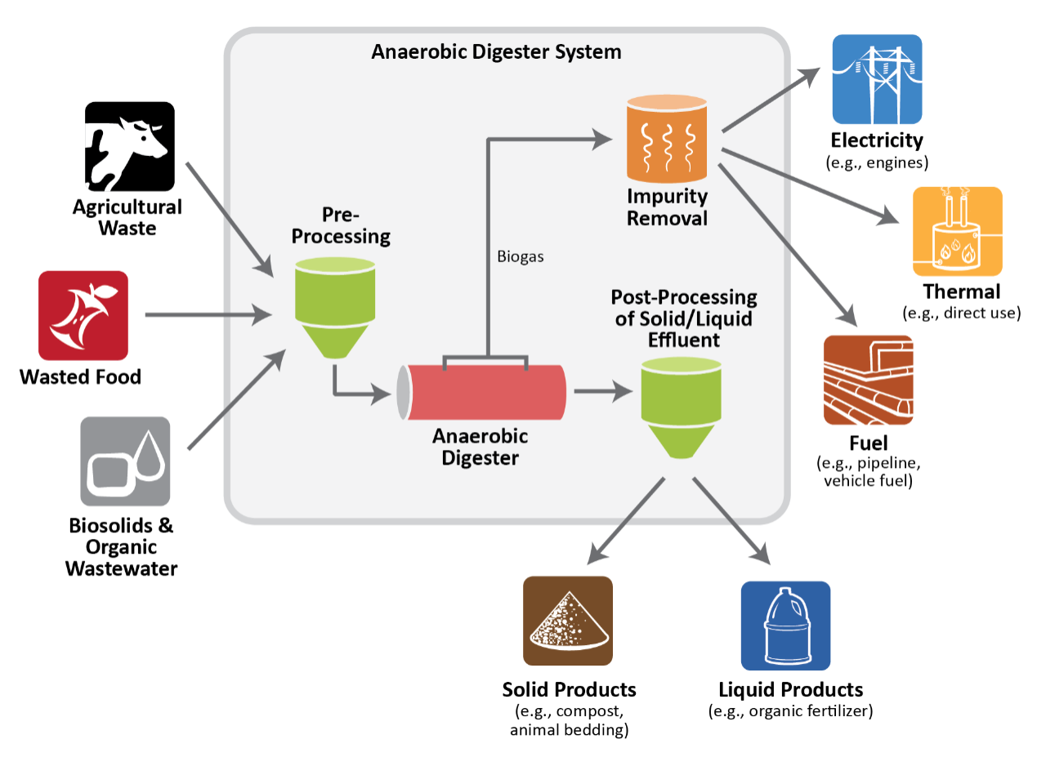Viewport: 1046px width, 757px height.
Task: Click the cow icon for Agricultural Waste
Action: pyautogui.click(x=130, y=146)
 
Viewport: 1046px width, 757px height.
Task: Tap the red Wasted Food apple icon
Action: pyautogui.click(x=83, y=315)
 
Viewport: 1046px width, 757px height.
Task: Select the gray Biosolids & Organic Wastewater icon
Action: pyautogui.click(x=125, y=461)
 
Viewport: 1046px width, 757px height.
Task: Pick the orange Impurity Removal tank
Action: pyautogui.click(x=668, y=138)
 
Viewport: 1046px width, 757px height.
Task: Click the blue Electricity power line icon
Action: pyautogui.click(x=876, y=79)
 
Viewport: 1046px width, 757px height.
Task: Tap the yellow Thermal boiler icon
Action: pyautogui.click(x=956, y=231)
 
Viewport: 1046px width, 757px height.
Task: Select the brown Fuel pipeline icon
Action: pyautogui.click(x=868, y=380)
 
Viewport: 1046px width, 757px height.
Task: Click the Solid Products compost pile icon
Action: pyautogui.click(x=568, y=621)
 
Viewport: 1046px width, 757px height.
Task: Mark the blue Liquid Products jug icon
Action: pyautogui.click(x=785, y=626)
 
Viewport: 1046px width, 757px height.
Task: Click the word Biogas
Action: pyautogui.click(x=520, y=256)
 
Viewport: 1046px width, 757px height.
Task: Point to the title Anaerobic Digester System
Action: pyautogui.click(x=496, y=52)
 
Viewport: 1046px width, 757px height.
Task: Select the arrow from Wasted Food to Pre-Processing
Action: pyautogui.click(x=208, y=314)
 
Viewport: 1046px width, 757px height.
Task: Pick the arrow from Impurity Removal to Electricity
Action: pyautogui.click(x=770, y=98)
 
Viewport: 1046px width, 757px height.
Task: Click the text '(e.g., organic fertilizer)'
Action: pyautogui.click(x=790, y=710)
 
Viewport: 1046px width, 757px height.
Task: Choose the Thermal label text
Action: pyautogui.click(x=961, y=292)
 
